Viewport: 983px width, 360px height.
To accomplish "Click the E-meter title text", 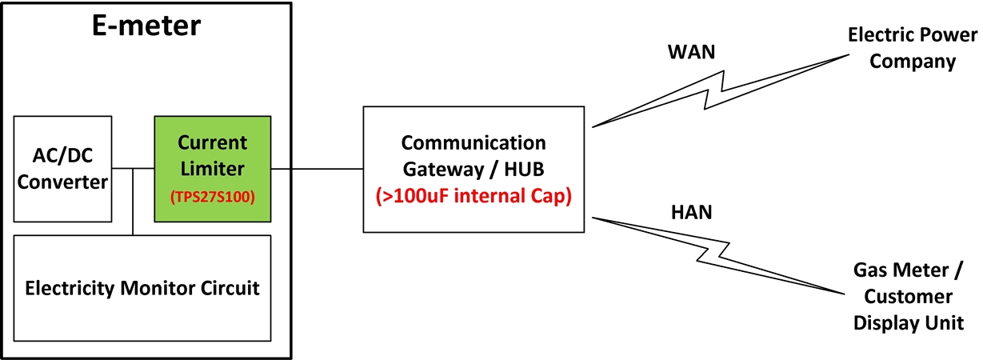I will click(x=144, y=26).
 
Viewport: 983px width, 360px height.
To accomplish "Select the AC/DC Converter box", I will click(x=62, y=169).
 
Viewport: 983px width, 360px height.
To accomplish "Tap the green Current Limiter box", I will click(x=213, y=169).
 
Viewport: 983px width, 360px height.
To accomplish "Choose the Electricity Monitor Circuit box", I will click(x=142, y=288).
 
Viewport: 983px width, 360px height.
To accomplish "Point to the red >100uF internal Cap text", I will click(x=474, y=196).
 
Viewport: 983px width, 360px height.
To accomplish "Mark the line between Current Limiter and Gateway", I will click(x=318, y=169).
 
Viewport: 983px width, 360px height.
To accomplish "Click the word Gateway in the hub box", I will click(x=442, y=169).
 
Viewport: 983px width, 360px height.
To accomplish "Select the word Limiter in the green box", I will click(x=212, y=169).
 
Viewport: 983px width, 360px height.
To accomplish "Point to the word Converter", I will click(x=62, y=182).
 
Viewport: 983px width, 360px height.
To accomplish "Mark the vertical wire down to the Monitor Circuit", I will click(x=133, y=202).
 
